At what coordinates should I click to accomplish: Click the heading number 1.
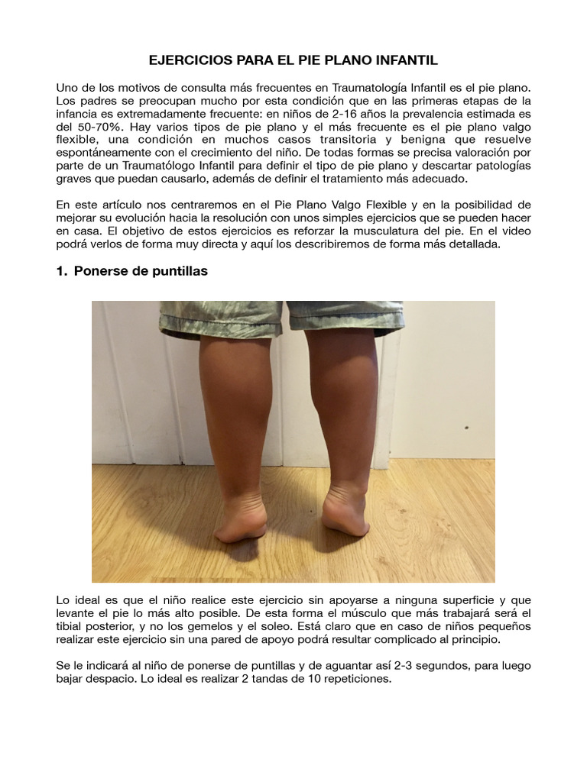coord(61,271)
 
